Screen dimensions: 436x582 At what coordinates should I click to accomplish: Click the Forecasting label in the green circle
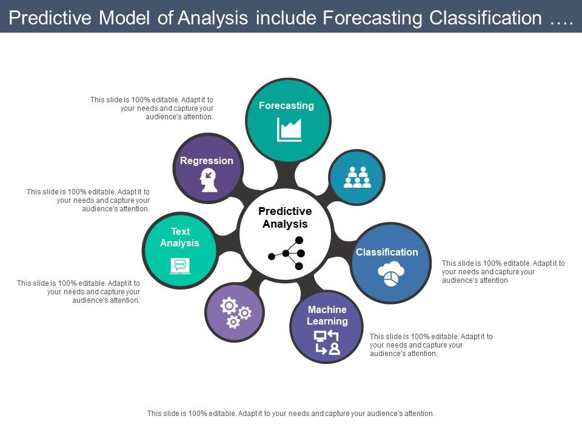286,105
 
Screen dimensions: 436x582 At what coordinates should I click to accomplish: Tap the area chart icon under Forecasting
289,130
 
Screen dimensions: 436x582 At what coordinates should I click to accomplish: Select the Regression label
206,160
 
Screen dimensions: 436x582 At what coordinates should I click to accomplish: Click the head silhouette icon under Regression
209,180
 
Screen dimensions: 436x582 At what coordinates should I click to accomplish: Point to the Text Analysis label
179,237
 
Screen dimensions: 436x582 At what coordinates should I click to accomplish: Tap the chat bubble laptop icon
179,265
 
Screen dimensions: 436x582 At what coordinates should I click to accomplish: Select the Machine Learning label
327,315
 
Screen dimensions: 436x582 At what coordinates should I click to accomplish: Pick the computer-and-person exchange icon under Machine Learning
327,343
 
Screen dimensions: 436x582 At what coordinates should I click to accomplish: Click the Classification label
387,252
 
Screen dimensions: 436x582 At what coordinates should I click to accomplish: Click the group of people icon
357,177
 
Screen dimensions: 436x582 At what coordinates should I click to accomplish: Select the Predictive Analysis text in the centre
285,217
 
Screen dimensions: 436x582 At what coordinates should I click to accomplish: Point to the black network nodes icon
287,253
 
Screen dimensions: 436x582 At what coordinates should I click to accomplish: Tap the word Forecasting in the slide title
372,18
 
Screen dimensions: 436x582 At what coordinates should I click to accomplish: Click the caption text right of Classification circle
503,272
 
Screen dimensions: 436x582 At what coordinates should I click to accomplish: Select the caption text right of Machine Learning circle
431,345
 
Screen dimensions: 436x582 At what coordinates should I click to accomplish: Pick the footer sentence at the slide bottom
291,414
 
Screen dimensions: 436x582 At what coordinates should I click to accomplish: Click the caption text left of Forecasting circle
152,108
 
